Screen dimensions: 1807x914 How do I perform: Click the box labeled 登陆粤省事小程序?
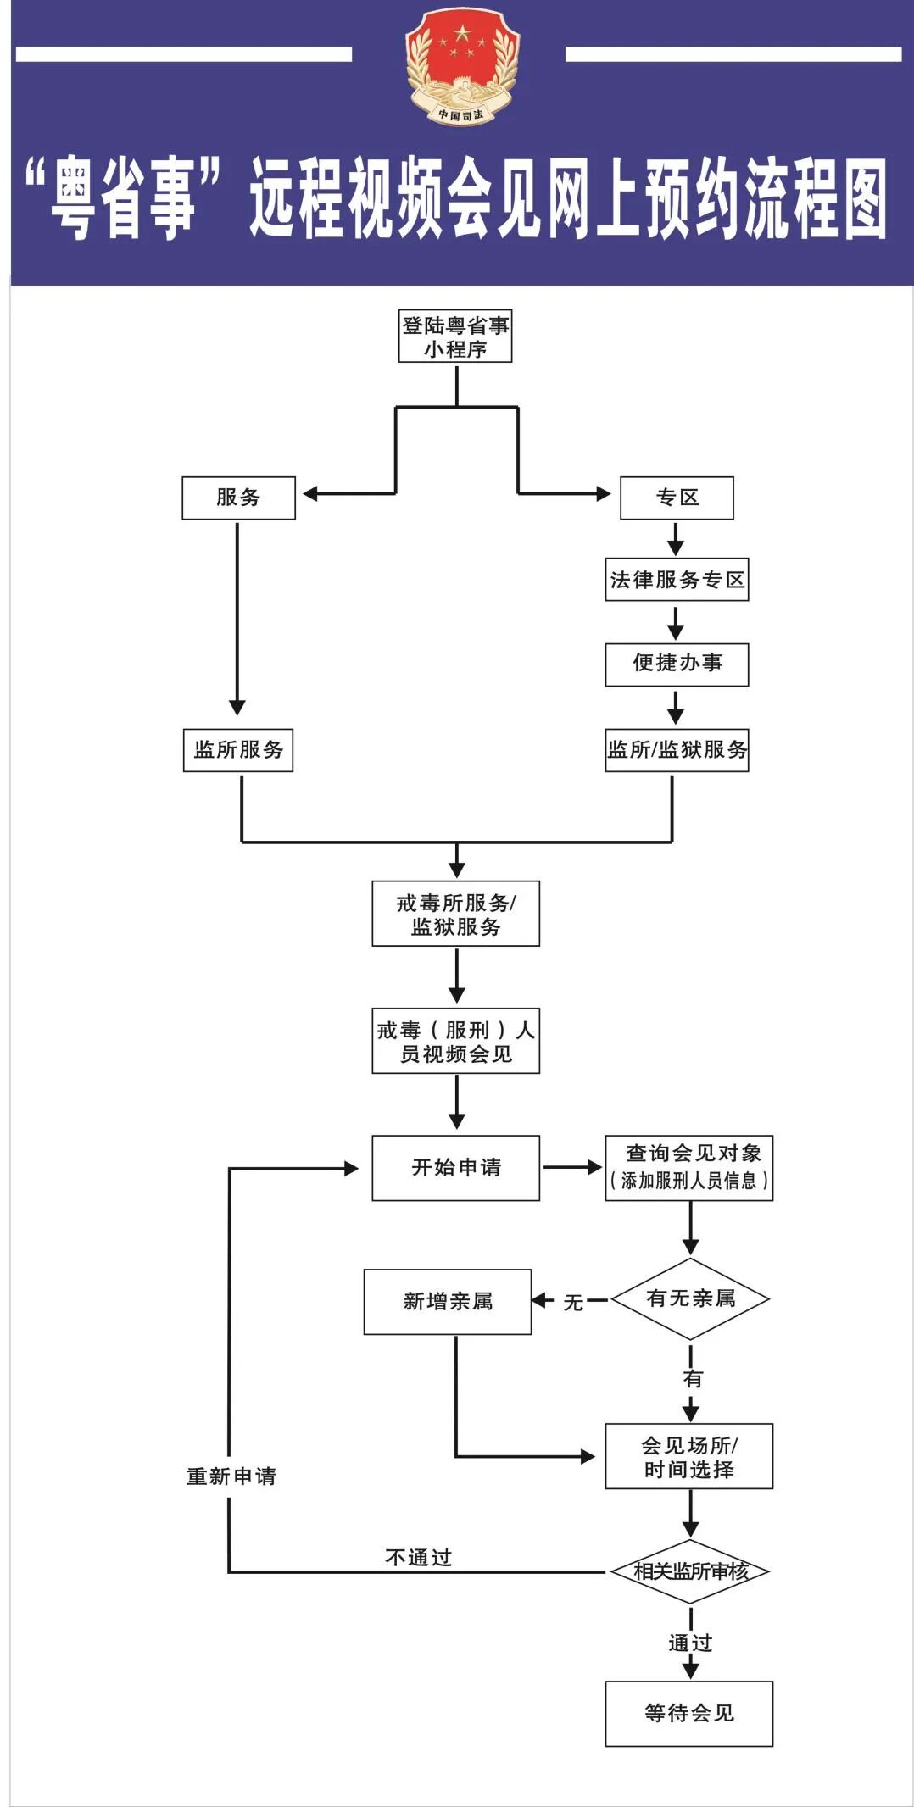tap(455, 336)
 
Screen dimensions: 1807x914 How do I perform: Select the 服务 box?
tap(238, 498)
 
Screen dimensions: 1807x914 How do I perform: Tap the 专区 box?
tap(677, 498)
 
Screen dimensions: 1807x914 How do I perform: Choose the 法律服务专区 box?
tap(677, 580)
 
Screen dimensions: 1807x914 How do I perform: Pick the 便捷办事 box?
tap(677, 664)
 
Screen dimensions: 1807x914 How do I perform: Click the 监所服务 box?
tap(238, 749)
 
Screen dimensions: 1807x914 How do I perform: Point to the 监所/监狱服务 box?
tap(677, 749)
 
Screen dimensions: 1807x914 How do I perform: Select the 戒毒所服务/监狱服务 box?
tap(455, 914)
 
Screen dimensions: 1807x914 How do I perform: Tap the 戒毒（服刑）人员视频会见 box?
tap(455, 1041)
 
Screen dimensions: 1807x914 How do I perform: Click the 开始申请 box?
tap(455, 1168)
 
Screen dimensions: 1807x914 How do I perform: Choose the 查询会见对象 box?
tap(688, 1168)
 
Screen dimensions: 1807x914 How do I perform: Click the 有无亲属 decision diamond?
tap(690, 1298)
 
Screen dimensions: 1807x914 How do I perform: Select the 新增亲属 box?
tap(448, 1301)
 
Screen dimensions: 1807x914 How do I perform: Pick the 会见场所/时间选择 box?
tap(688, 1456)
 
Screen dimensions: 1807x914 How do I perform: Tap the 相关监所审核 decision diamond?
tap(690, 1571)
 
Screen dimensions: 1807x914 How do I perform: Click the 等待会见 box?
tap(688, 1713)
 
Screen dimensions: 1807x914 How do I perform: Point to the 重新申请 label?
tap(231, 1476)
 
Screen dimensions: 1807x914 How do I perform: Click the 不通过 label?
tap(418, 1558)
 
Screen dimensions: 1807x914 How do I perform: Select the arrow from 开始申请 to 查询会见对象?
tap(571, 1167)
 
